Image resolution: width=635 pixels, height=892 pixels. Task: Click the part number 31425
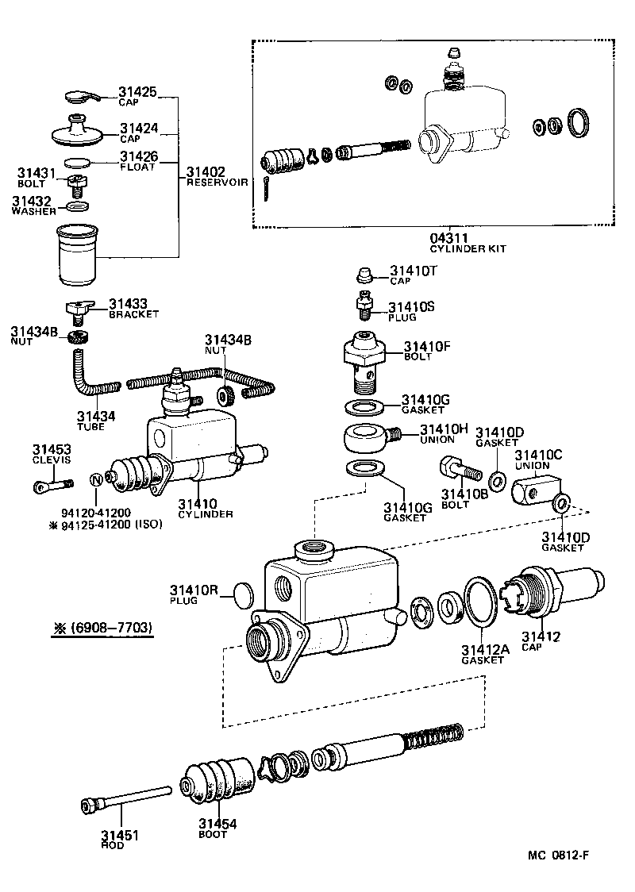(139, 92)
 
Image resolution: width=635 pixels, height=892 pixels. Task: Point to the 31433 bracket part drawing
(79, 308)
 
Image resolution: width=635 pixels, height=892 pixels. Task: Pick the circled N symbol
(96, 479)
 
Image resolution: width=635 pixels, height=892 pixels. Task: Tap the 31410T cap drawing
(364, 275)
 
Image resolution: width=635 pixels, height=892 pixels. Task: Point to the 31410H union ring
(367, 436)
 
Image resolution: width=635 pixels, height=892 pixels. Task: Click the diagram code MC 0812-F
(558, 855)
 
